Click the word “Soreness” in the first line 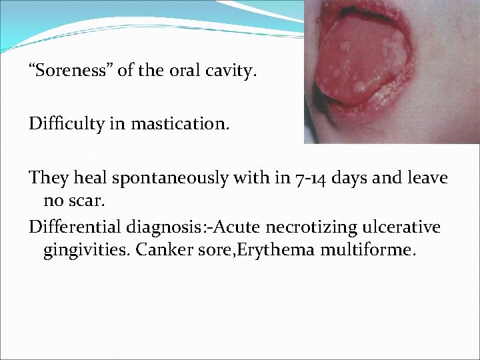tap(70, 70)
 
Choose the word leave tap(428, 179)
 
